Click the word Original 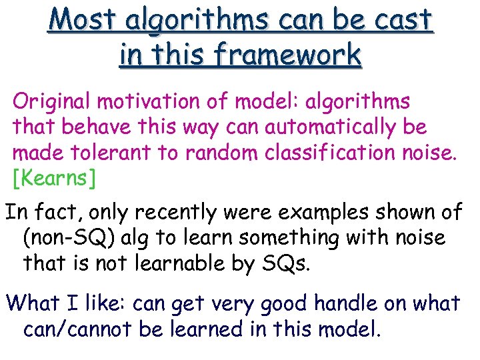point(51,102)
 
